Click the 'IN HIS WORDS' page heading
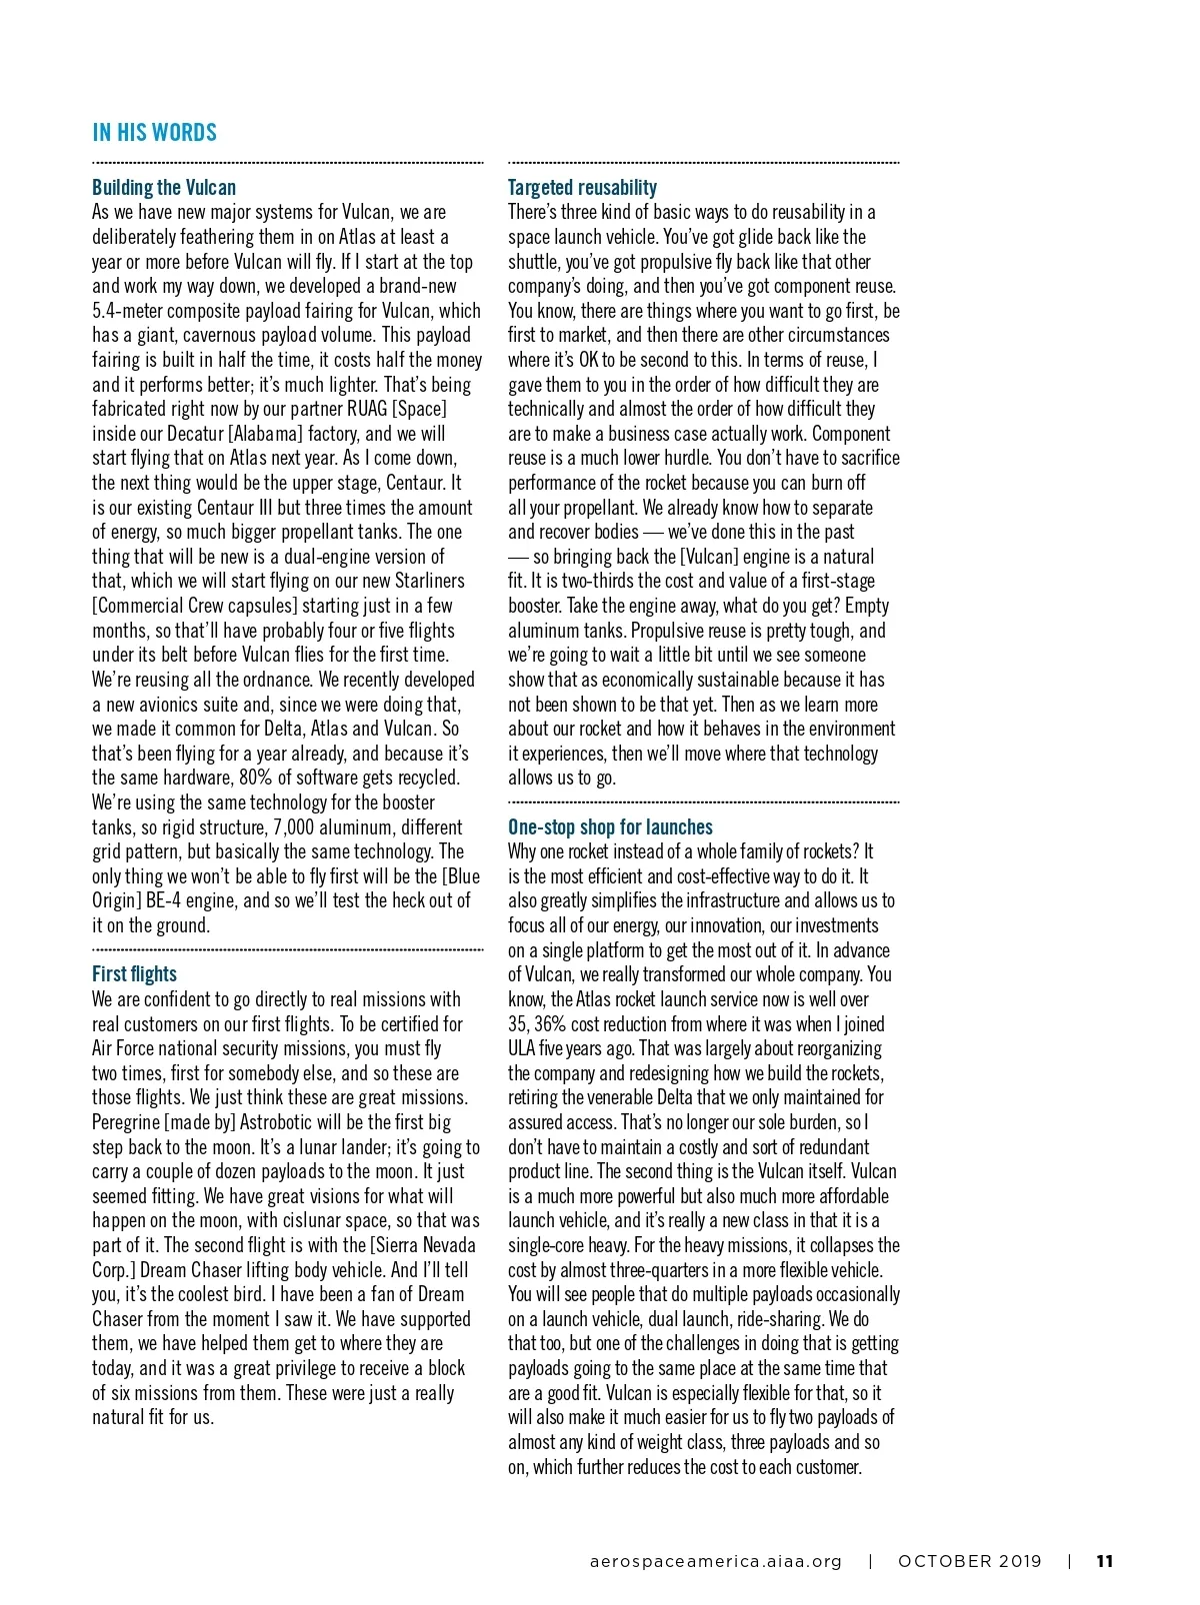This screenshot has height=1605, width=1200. (154, 133)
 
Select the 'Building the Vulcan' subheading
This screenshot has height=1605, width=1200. (164, 188)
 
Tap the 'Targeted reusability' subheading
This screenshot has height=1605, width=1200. (582, 188)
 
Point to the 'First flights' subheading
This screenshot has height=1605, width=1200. (134, 974)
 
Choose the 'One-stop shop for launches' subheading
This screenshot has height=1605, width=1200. (610, 827)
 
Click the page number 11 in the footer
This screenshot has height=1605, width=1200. (1105, 1561)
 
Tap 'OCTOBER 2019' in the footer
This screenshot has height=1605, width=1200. (969, 1561)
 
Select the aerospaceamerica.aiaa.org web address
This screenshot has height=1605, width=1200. (716, 1561)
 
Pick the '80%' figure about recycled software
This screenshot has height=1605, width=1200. (258, 778)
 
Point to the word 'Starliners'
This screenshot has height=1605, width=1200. (432, 581)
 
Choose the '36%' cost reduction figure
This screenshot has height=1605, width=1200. (550, 1024)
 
